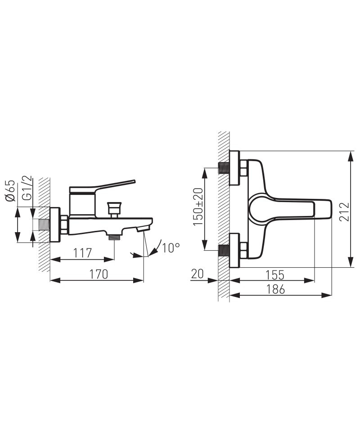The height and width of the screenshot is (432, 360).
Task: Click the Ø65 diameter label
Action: [x=10, y=191]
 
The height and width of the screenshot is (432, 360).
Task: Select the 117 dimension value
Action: [x=82, y=252]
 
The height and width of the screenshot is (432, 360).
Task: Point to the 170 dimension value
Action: [x=99, y=274]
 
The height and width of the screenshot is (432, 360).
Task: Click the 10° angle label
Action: [x=171, y=247]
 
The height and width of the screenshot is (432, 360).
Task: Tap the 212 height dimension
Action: [x=344, y=212]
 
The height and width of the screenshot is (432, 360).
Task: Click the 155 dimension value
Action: [x=274, y=274]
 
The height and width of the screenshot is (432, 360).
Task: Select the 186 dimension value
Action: [x=275, y=289]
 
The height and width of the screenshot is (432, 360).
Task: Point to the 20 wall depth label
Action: [x=197, y=274]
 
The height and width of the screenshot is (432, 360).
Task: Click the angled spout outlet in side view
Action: [x=143, y=228]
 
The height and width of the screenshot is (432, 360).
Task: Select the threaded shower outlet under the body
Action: [x=114, y=237]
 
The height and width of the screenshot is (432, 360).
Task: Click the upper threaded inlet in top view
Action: [x=224, y=168]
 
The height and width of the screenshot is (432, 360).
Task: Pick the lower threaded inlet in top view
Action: [x=224, y=250]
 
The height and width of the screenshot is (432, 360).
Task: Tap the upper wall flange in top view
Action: [x=234, y=168]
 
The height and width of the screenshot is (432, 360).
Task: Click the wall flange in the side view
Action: [x=55, y=225]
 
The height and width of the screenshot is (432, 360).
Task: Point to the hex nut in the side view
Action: [x=64, y=225]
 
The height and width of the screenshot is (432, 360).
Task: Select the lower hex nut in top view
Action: [x=244, y=250]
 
